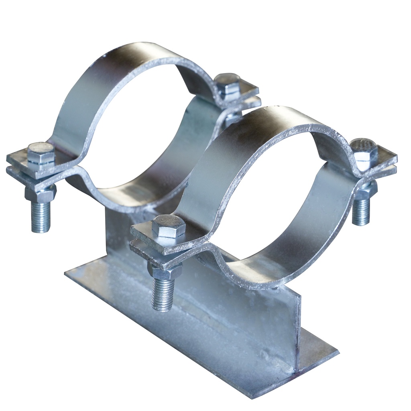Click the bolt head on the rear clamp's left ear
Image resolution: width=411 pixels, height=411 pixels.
(x=41, y=154)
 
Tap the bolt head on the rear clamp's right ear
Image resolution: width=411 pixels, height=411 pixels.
(x=228, y=84)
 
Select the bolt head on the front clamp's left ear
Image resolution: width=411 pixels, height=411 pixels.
(x=169, y=226)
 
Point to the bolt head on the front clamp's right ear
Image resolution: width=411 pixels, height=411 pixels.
(x=364, y=150)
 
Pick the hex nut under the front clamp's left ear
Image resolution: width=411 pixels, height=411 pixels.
(x=165, y=272)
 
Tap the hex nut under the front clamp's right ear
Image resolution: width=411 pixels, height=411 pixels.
(x=366, y=190)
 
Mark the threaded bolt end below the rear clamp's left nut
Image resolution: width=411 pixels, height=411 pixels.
(x=41, y=217)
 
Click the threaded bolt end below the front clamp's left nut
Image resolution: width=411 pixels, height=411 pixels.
(x=163, y=295)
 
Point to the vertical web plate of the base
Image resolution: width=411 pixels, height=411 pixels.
(x=249, y=317)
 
